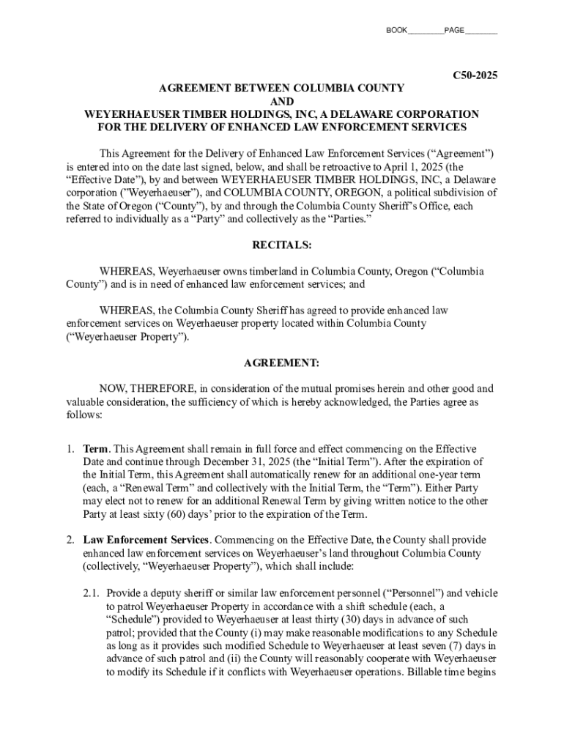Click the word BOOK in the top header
(x=396, y=30)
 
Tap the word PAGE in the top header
(x=454, y=30)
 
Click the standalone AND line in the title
(x=282, y=101)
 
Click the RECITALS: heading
(x=282, y=245)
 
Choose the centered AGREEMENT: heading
(x=282, y=363)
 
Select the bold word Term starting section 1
(x=96, y=448)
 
